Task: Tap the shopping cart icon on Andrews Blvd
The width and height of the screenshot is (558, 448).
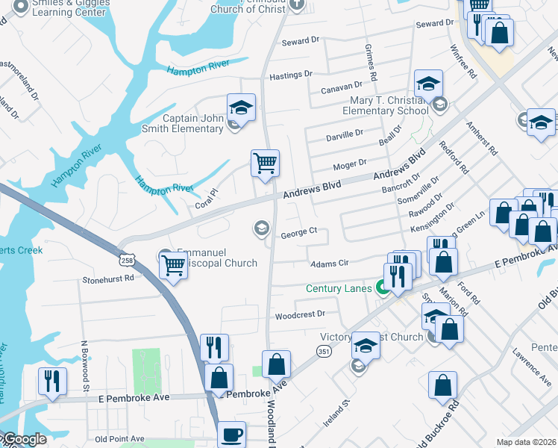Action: pyautogui.click(x=266, y=162)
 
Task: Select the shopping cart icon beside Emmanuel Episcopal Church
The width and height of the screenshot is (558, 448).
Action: pyautogui.click(x=173, y=264)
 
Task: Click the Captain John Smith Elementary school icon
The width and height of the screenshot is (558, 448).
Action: pyautogui.click(x=241, y=108)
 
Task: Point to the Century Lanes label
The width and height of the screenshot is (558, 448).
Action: pyautogui.click(x=339, y=288)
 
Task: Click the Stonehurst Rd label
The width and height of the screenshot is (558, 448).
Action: pyautogui.click(x=108, y=278)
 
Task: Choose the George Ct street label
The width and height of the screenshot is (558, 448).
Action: pyautogui.click(x=299, y=234)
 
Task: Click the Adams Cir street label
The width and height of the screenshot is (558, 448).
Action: pyautogui.click(x=329, y=263)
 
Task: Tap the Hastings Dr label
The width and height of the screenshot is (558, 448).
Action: pyautogui.click(x=290, y=75)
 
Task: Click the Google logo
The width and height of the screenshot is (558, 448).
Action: pyautogui.click(x=24, y=440)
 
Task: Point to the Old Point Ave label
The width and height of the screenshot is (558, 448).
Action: pyautogui.click(x=120, y=439)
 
